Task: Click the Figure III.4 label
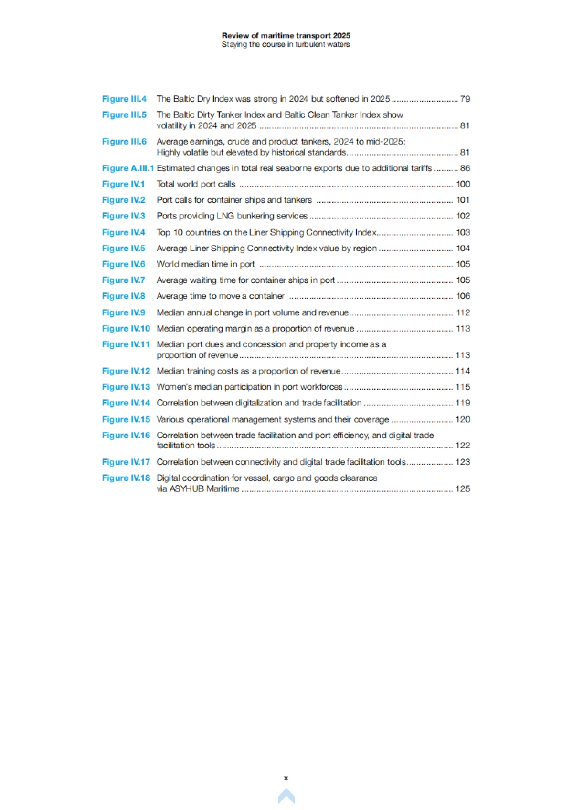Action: point(124,99)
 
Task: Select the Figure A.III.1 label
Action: point(127,168)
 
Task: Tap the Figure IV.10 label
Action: point(126,328)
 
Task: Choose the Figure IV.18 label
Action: point(126,478)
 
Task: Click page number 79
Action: point(465,99)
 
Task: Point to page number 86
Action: point(465,168)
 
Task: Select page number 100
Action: point(463,184)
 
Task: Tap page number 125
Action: point(462,488)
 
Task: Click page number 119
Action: point(462,403)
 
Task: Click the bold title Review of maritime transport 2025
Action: point(286,35)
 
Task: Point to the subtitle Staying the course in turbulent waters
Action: point(286,44)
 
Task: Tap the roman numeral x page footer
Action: point(286,778)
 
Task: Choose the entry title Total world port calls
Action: point(196,184)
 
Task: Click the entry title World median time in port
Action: point(205,264)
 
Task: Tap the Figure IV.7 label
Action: point(123,280)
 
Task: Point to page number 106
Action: point(463,296)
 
